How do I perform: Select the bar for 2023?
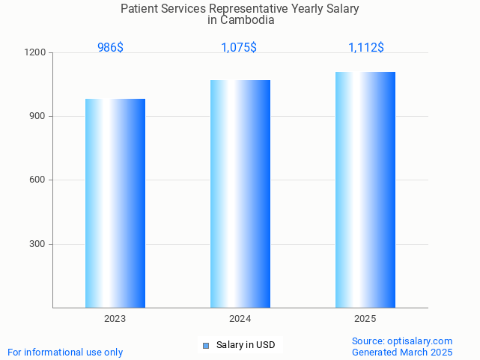115,203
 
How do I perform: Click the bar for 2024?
240,194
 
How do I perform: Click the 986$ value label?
110,47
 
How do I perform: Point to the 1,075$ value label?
239,47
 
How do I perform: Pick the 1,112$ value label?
366,47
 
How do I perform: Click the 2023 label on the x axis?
115,319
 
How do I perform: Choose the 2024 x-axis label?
240,319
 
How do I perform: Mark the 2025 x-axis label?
365,319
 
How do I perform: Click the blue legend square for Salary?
206,345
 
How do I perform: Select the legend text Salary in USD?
246,345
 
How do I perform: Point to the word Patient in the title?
139,9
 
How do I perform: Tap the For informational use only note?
65,352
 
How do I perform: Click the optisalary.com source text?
419,341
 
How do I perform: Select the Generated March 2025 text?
402,352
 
